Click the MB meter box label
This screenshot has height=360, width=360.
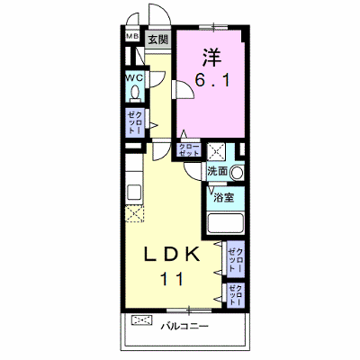tap(132, 37)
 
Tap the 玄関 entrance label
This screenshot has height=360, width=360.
tap(157, 40)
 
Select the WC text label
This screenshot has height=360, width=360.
tap(134, 77)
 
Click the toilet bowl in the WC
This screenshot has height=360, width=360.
tap(135, 93)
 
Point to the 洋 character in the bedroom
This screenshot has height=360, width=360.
tap(211, 57)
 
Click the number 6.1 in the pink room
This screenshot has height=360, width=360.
tap(212, 80)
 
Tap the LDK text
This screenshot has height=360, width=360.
tap(172, 255)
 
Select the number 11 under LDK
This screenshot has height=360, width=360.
tap(172, 279)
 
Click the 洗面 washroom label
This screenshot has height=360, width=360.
tap(218, 171)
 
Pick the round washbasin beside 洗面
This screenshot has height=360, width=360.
tap(237, 173)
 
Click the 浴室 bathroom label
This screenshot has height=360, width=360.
tap(224, 197)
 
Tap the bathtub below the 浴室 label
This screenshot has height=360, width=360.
tap(225, 223)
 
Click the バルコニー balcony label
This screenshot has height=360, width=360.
tap(184, 326)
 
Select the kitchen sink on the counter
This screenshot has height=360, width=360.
tap(134, 192)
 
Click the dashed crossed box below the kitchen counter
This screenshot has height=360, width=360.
tap(135, 213)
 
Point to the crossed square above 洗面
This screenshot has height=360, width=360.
tap(216, 151)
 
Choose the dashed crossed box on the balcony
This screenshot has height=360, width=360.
tap(141, 319)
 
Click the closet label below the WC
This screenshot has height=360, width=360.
tap(135, 122)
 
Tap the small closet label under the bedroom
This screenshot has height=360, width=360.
tap(189, 149)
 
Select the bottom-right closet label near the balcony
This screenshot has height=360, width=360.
tap(236, 295)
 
